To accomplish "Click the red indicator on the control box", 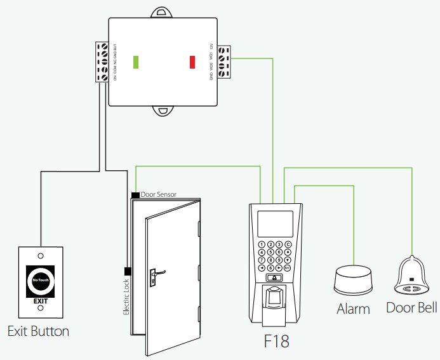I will (x=192, y=62).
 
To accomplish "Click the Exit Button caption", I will (x=38, y=331).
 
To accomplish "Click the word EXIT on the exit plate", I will (x=41, y=300).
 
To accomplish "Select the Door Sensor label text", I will (x=158, y=194).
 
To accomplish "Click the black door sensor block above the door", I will (x=135, y=194).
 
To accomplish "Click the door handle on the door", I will (x=156, y=274).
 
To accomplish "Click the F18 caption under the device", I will (x=276, y=341).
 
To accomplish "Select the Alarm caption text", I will (x=353, y=309).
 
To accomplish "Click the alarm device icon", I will (x=353, y=279).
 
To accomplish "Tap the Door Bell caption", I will (x=411, y=308).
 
